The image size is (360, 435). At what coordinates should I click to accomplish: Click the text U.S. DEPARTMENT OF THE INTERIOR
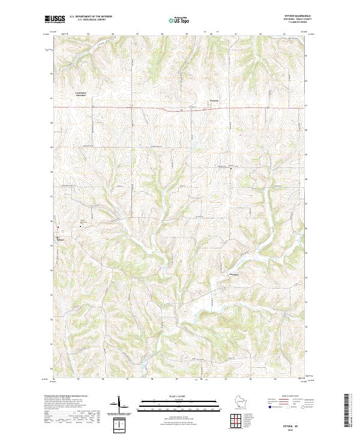91,17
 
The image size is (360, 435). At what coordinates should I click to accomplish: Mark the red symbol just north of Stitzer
58,227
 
